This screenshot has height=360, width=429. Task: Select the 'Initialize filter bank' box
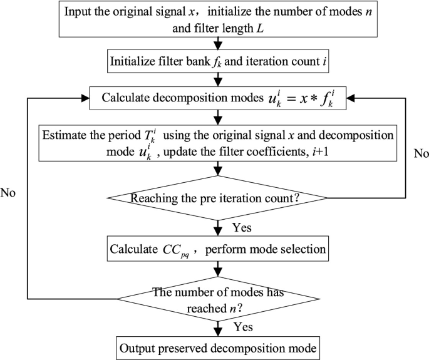[217, 62]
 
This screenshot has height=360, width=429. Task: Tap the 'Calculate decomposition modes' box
[217, 98]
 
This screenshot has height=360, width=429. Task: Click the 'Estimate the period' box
[217, 143]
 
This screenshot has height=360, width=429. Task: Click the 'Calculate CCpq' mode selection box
[217, 249]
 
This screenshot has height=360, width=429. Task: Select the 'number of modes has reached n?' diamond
[217, 299]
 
